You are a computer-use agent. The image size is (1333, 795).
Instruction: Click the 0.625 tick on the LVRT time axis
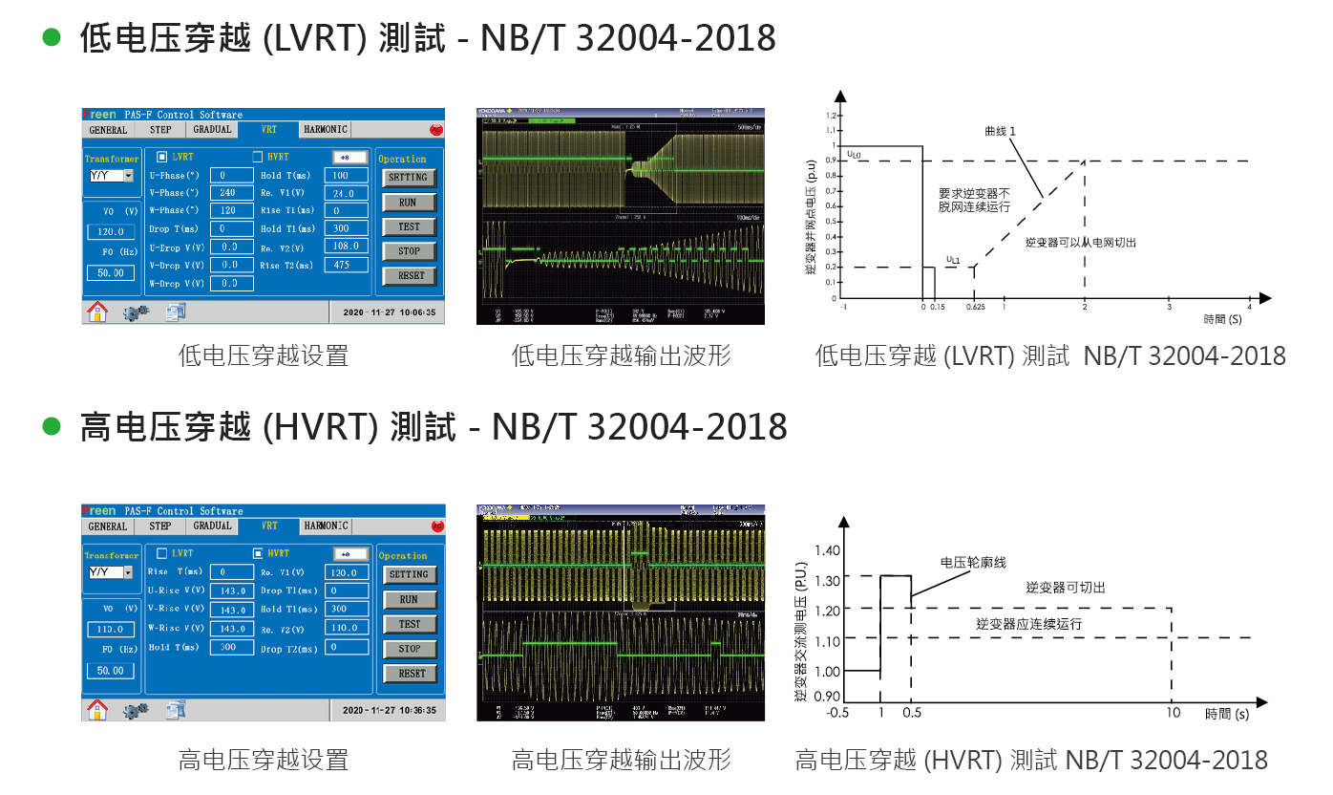click(x=975, y=308)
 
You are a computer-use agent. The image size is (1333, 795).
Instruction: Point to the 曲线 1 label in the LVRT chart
click(x=1001, y=130)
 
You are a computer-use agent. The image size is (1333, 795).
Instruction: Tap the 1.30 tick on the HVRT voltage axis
click(x=827, y=579)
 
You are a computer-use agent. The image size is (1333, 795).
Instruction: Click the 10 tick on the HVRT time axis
click(x=1172, y=713)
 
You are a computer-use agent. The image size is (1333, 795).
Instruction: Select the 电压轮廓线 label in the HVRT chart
click(x=973, y=563)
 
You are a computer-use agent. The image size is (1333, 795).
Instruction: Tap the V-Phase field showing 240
click(x=229, y=193)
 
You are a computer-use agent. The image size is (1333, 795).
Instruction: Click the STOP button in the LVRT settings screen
click(x=409, y=251)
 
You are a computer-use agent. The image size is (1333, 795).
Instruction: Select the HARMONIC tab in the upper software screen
click(x=326, y=129)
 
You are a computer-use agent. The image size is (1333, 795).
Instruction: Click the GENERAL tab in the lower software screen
click(x=108, y=526)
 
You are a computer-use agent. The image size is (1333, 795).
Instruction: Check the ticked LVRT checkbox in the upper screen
click(x=161, y=157)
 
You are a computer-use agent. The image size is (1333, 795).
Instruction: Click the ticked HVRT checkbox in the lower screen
click(x=258, y=553)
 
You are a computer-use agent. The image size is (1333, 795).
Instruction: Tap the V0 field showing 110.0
click(x=111, y=630)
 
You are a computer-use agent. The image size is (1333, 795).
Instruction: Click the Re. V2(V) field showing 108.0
click(x=346, y=247)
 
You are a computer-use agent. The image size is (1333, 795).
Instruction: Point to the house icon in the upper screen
click(x=97, y=312)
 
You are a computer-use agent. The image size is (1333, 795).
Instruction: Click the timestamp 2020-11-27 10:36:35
click(x=389, y=710)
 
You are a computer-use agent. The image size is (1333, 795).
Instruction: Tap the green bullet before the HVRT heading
click(x=52, y=426)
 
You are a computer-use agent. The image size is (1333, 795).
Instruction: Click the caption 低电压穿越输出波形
click(x=621, y=356)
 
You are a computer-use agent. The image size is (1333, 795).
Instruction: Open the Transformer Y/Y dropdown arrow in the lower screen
click(x=128, y=572)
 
